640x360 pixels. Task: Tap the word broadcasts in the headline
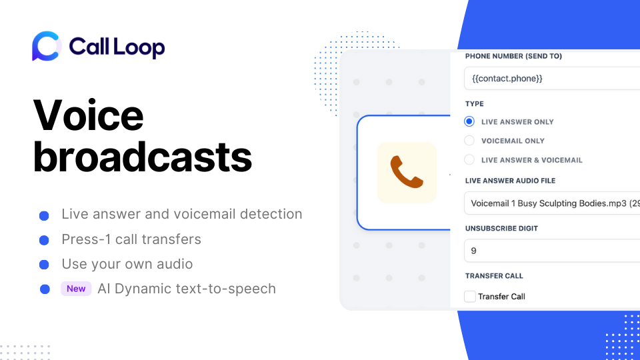tap(143, 157)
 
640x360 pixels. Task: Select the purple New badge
tap(76, 289)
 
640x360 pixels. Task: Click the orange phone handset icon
tap(407, 172)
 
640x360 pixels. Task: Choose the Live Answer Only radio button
tap(469, 122)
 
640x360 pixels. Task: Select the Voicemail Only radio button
tap(469, 141)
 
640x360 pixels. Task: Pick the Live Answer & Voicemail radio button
tap(469, 160)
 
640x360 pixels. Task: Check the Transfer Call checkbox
tap(470, 297)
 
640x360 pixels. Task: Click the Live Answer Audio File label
tap(510, 181)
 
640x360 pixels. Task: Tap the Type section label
tap(475, 104)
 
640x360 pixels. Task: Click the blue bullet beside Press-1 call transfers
tap(44, 240)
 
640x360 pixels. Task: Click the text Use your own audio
tap(127, 264)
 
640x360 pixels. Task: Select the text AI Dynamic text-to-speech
tap(187, 289)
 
